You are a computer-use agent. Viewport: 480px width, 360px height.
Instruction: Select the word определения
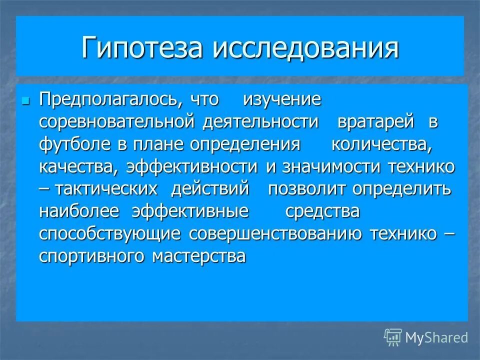[x=245, y=145]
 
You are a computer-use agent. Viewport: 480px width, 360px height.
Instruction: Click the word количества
[x=381, y=145]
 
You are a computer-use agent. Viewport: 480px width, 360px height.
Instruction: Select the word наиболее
[x=79, y=211]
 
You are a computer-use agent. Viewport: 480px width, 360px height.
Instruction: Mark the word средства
[x=322, y=211]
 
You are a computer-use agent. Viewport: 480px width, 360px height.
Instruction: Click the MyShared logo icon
[x=392, y=337]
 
